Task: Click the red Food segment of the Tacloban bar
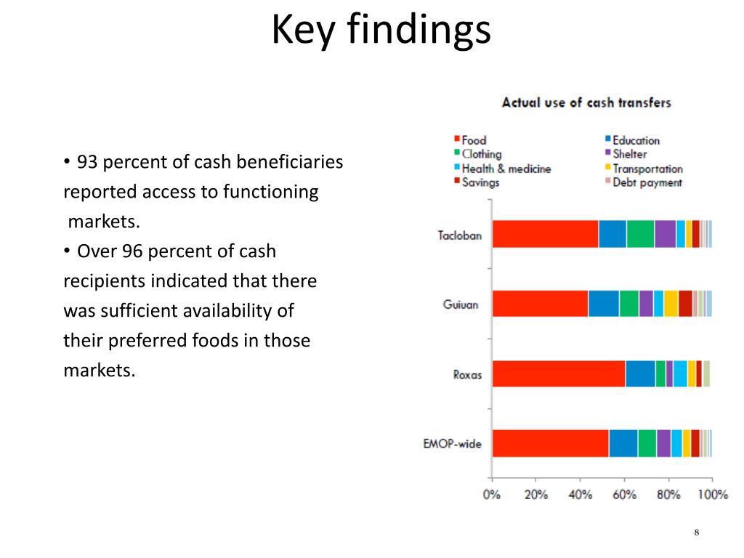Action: [x=546, y=234]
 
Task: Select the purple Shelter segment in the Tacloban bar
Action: [x=666, y=234]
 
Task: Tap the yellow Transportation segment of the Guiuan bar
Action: [x=671, y=304]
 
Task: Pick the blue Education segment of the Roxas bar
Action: [x=641, y=374]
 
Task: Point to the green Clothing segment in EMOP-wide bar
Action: [x=647, y=443]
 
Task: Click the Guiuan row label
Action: [x=460, y=304]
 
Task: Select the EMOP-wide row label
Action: [x=452, y=444]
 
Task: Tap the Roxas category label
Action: [x=467, y=375]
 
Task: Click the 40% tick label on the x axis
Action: [x=581, y=495]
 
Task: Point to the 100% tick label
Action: [x=713, y=495]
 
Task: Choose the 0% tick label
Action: [x=492, y=495]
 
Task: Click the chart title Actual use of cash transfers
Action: [x=586, y=102]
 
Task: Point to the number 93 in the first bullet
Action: [x=87, y=162]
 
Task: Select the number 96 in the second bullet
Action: [x=132, y=251]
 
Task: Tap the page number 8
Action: [x=697, y=533]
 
